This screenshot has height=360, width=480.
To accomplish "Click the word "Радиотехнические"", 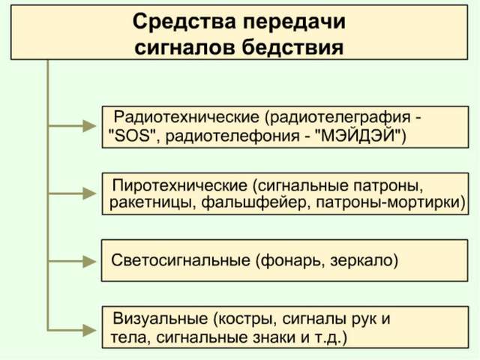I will (184, 118).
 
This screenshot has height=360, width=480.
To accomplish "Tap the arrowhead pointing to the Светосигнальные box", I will (93, 261).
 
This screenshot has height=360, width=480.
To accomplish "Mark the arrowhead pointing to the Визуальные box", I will (93, 328).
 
